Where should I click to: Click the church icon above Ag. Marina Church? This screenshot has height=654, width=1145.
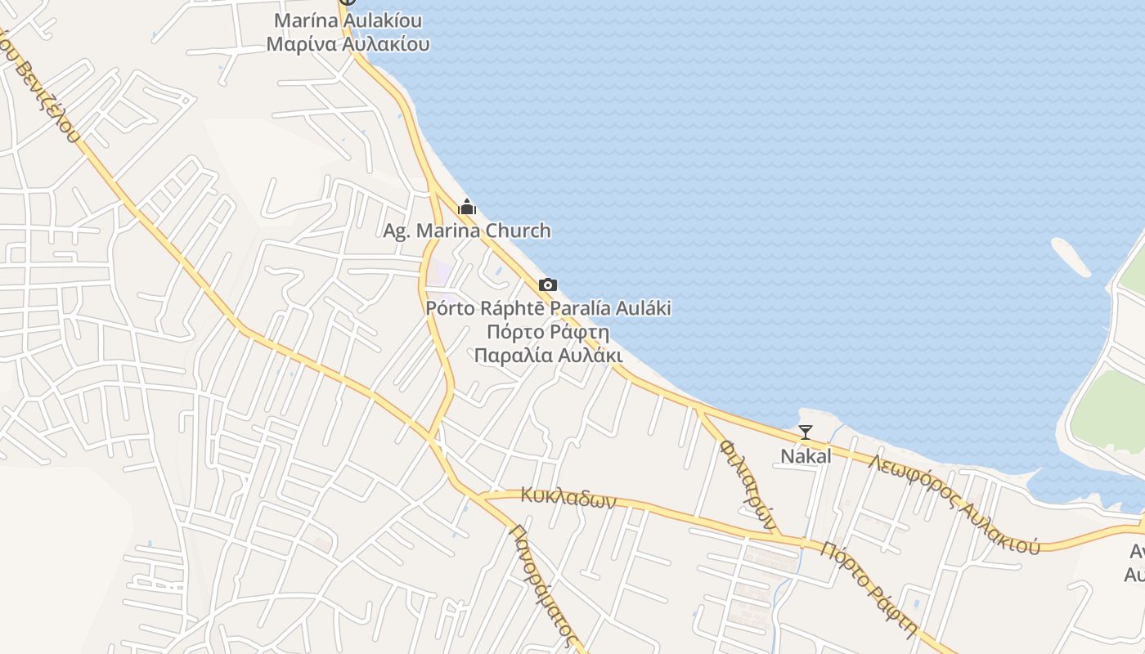pos(467,207)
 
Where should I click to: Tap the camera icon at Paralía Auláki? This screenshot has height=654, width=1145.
pos(548,284)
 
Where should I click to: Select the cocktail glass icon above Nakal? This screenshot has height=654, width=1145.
pos(806,432)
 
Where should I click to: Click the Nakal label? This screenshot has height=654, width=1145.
pos(806,456)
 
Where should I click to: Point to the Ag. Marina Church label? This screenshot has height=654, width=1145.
pos(467,231)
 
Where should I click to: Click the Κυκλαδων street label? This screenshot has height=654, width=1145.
pos(568,497)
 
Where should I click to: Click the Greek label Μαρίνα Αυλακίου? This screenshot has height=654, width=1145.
pos(348,44)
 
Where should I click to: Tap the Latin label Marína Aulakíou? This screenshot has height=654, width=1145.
pos(348,20)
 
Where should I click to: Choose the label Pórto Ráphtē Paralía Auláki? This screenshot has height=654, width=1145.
pos(548,308)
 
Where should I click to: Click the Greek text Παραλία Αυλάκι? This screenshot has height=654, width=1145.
pos(548,356)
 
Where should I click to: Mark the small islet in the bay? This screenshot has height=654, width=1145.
pos(1071,257)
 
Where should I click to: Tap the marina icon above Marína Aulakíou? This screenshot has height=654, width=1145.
pos(348,2)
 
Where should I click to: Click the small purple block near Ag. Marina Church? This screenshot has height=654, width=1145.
pos(442,270)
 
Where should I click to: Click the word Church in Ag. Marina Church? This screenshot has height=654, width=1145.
pos(519,231)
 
